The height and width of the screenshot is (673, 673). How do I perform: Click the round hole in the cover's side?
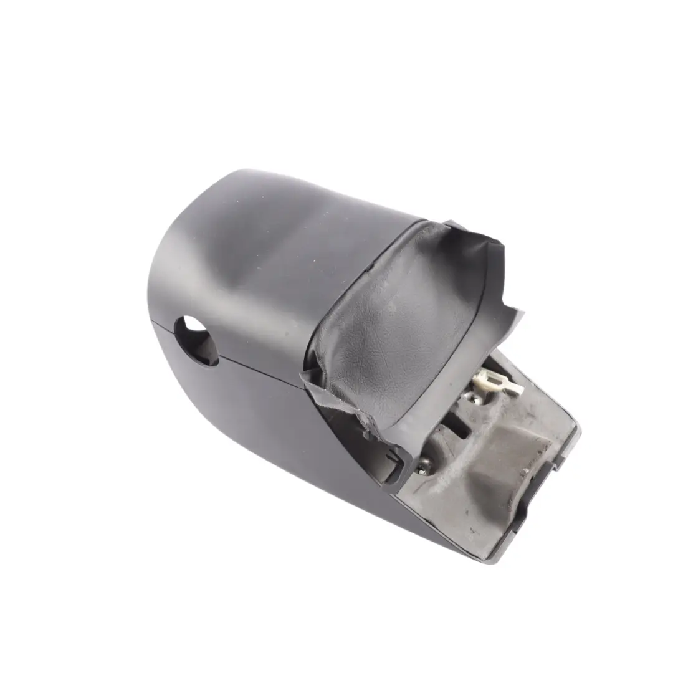coord(196,340)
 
